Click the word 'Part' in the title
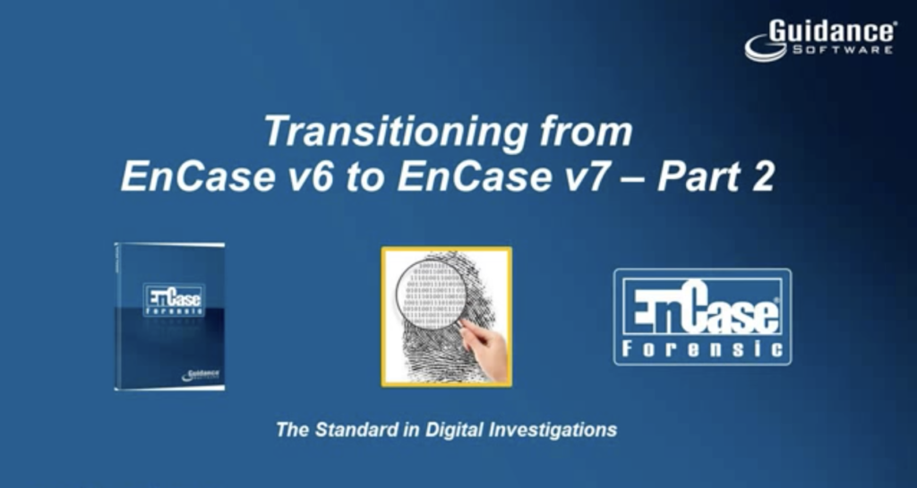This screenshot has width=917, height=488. point(699,177)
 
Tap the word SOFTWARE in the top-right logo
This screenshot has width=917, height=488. point(842,50)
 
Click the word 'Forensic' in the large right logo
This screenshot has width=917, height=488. point(703,348)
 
